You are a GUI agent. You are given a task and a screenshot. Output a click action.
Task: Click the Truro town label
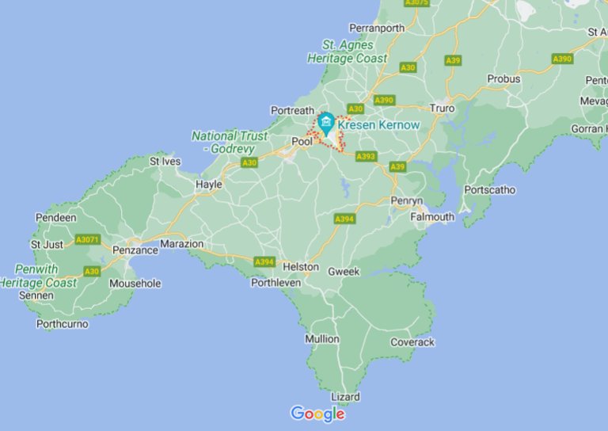pyautogui.click(x=442, y=108)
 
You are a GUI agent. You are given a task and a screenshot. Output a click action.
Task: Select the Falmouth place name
pyautogui.click(x=432, y=216)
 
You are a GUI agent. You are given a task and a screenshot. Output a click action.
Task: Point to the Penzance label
pyautogui.click(x=135, y=250)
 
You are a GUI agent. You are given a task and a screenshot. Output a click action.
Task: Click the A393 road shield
pyautogui.click(x=366, y=157)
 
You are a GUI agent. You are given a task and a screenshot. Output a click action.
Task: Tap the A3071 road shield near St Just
pyautogui.click(x=87, y=238)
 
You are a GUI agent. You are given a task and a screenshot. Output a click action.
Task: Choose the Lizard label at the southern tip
pyautogui.click(x=345, y=396)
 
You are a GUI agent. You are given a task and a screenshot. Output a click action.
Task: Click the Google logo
pyautogui.click(x=317, y=414)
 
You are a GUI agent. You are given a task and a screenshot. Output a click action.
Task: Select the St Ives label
pyautogui.click(x=165, y=161)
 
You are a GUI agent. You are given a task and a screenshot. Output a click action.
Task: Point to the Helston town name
pyautogui.click(x=300, y=267)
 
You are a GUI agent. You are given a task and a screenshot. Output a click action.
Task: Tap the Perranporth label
pyautogui.click(x=377, y=28)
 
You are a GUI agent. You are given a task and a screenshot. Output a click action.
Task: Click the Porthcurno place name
pyautogui.click(x=63, y=323)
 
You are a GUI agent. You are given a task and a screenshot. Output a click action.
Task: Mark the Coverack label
pyautogui.click(x=412, y=342)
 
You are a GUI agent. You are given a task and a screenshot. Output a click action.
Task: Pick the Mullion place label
pyautogui.click(x=322, y=338)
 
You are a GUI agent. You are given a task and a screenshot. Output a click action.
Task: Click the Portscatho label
pyautogui.click(x=490, y=190)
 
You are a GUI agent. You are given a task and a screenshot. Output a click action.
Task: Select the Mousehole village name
pyautogui.click(x=135, y=283)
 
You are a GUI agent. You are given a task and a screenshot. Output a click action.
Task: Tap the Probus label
pyautogui.click(x=504, y=79)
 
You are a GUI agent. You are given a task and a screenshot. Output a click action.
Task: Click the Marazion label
pyautogui.click(x=182, y=244)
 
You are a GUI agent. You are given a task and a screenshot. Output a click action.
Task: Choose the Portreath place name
pyautogui.click(x=293, y=110)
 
